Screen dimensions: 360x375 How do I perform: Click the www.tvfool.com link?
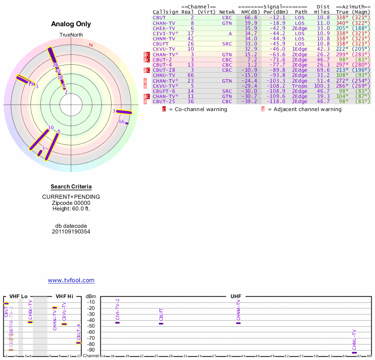coord(71,280)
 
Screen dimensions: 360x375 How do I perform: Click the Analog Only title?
coord(71,24)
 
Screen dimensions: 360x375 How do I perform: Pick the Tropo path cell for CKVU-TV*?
coord(301,86)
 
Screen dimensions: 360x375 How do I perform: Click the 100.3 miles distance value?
coord(322,86)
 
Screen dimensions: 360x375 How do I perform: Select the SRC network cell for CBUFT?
coord(227,44)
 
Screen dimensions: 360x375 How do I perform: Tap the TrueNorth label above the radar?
coord(71,35)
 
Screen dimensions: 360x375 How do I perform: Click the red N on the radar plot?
coord(91,45)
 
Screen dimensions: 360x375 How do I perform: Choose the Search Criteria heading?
coord(71,187)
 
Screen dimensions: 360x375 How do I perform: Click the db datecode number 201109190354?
coord(71,232)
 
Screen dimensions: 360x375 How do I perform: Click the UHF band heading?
coord(236,296)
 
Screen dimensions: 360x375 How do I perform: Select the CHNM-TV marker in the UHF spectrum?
coord(238,323)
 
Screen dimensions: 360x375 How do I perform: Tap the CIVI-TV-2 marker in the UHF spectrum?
coord(118,322)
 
